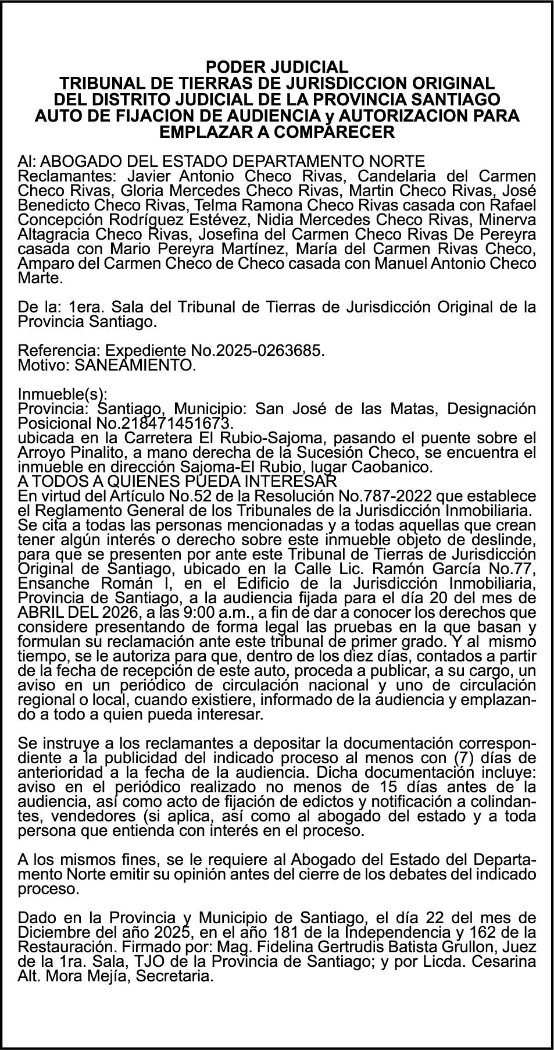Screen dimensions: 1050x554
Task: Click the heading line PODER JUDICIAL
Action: tap(277, 67)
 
